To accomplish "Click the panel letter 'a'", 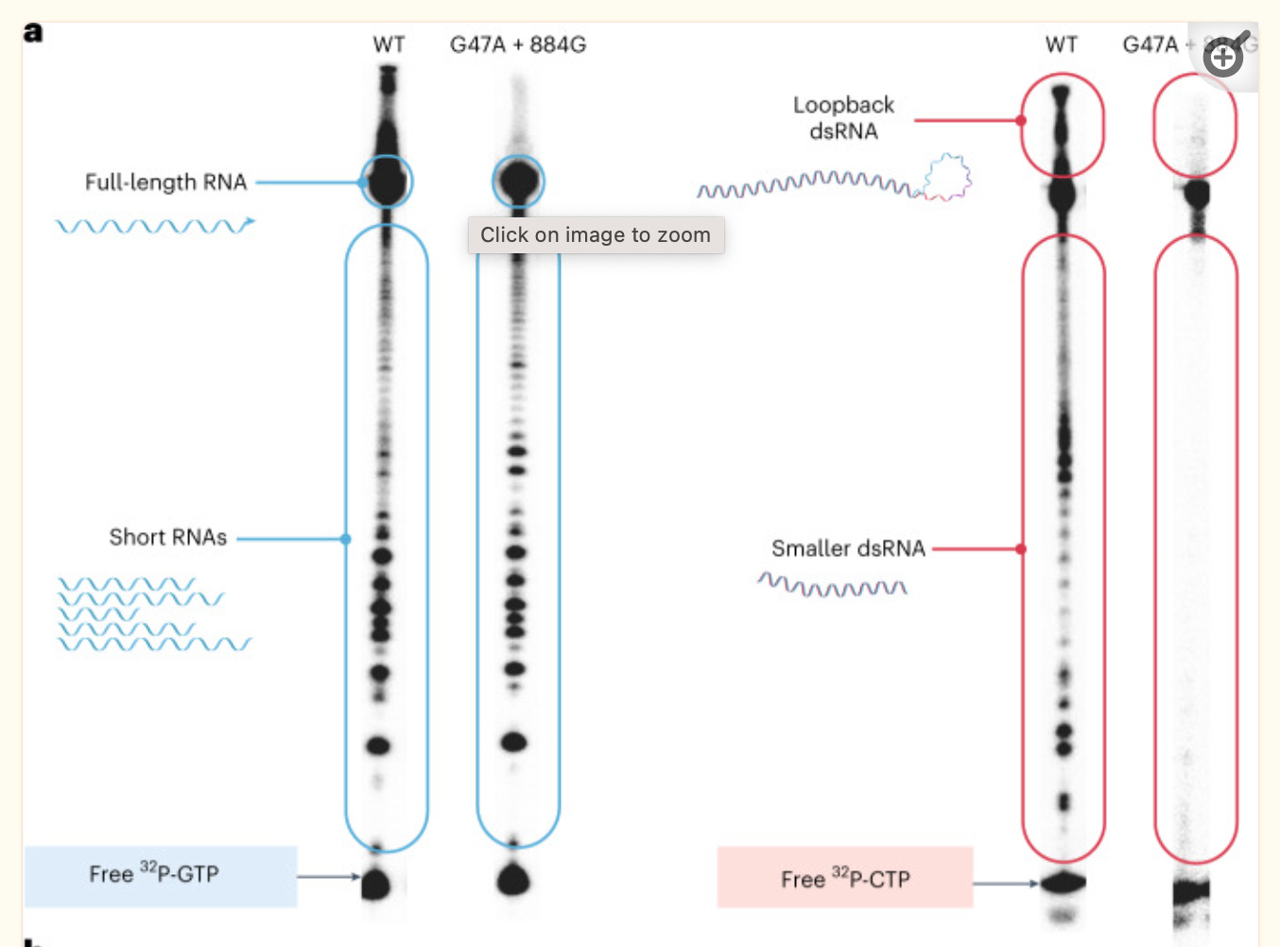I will pyautogui.click(x=33, y=32).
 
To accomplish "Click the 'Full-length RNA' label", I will pyautogui.click(x=165, y=181).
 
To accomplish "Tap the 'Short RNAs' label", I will pyautogui.click(x=167, y=537).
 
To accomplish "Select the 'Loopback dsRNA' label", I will pyautogui.click(x=843, y=118).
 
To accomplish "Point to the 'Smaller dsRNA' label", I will pyautogui.click(x=847, y=548).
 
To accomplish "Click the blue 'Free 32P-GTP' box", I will pyautogui.click(x=161, y=875).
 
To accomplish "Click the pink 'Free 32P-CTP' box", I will pyautogui.click(x=844, y=878).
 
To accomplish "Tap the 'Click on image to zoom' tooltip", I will pyautogui.click(x=596, y=235).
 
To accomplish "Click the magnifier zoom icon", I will pyautogui.click(x=1225, y=57).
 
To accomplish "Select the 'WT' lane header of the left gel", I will pyautogui.click(x=389, y=44).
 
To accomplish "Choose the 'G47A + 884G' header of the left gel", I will pyautogui.click(x=517, y=44).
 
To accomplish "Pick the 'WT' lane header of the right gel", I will pyautogui.click(x=1062, y=44).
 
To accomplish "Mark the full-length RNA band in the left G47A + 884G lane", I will pyautogui.click(x=518, y=180).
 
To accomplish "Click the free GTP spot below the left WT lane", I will pyautogui.click(x=376, y=885).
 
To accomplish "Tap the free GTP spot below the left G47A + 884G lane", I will pyautogui.click(x=513, y=879).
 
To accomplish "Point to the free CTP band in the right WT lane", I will pyautogui.click(x=1064, y=884).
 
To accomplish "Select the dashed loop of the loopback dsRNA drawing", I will pyautogui.click(x=947, y=177).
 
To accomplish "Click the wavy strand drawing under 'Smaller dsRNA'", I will pyautogui.click(x=832, y=585).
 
